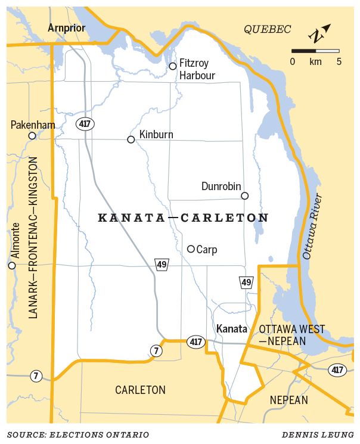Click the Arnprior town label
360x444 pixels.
pyautogui.click(x=66, y=28)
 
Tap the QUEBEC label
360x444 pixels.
pyautogui.click(x=268, y=29)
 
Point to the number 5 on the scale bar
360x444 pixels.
pyautogui.click(x=339, y=61)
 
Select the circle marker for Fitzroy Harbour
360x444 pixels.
pyautogui.click(x=173, y=66)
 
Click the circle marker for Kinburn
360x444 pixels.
pyautogui.click(x=131, y=139)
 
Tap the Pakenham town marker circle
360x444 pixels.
pyautogui.click(x=32, y=136)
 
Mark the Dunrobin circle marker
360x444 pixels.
pyautogui.click(x=244, y=195)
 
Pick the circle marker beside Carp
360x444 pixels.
pyautogui.click(x=191, y=249)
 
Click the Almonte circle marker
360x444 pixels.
pyautogui.click(x=12, y=265)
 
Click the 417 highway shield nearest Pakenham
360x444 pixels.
pyautogui.click(x=84, y=123)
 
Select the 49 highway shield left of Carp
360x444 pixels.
pyautogui.click(x=161, y=265)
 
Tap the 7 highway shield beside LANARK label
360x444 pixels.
pyautogui.click(x=36, y=376)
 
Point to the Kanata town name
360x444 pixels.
pyautogui.click(x=231, y=329)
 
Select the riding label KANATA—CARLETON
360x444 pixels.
pyautogui.click(x=183, y=218)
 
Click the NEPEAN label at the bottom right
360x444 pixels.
pyautogui.click(x=288, y=400)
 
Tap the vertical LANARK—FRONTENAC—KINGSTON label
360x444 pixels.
pyautogui.click(x=33, y=237)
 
